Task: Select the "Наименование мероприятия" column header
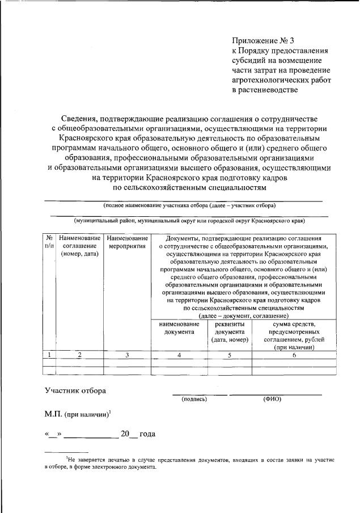click(127, 242)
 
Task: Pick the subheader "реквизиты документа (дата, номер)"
click(230, 331)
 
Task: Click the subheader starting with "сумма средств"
click(293, 335)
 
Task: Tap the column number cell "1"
click(50, 355)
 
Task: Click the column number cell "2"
click(80, 355)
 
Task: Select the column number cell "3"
click(127, 355)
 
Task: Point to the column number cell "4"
click(179, 355)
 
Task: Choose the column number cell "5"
click(230, 355)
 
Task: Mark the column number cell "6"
click(294, 355)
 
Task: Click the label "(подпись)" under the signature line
click(194, 399)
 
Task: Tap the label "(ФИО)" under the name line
click(272, 399)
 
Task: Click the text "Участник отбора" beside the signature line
click(75, 390)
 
